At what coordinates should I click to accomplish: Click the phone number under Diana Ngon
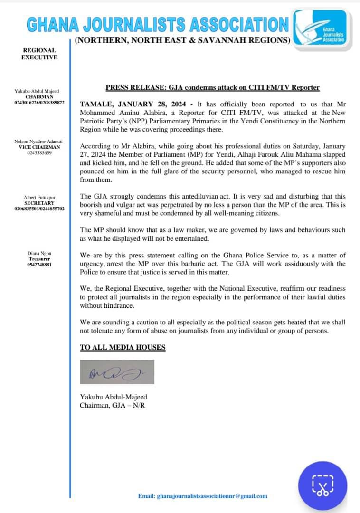pos(40,265)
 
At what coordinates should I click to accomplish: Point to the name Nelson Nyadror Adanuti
pos(40,142)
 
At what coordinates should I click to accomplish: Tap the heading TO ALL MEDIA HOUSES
pos(123,347)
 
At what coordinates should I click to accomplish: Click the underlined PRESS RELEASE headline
pos(212,88)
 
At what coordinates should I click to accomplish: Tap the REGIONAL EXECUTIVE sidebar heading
pos(40,54)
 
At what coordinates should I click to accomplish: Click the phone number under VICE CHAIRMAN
pos(40,153)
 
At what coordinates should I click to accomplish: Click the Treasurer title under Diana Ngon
pos(40,259)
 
